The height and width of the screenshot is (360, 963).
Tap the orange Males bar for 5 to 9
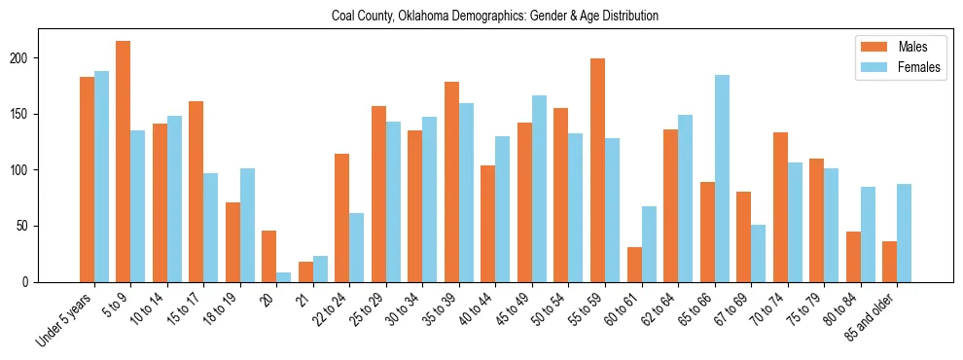click(x=124, y=162)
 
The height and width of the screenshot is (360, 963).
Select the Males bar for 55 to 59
click(x=597, y=169)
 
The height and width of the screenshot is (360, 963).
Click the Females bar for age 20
click(x=283, y=277)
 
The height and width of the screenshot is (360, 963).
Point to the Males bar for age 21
click(x=305, y=271)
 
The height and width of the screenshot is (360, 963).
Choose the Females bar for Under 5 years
click(x=101, y=176)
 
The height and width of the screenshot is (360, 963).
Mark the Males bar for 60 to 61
click(x=634, y=265)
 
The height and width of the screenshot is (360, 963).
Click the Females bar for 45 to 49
click(x=539, y=189)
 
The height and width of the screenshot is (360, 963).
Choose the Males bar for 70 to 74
click(x=780, y=207)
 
